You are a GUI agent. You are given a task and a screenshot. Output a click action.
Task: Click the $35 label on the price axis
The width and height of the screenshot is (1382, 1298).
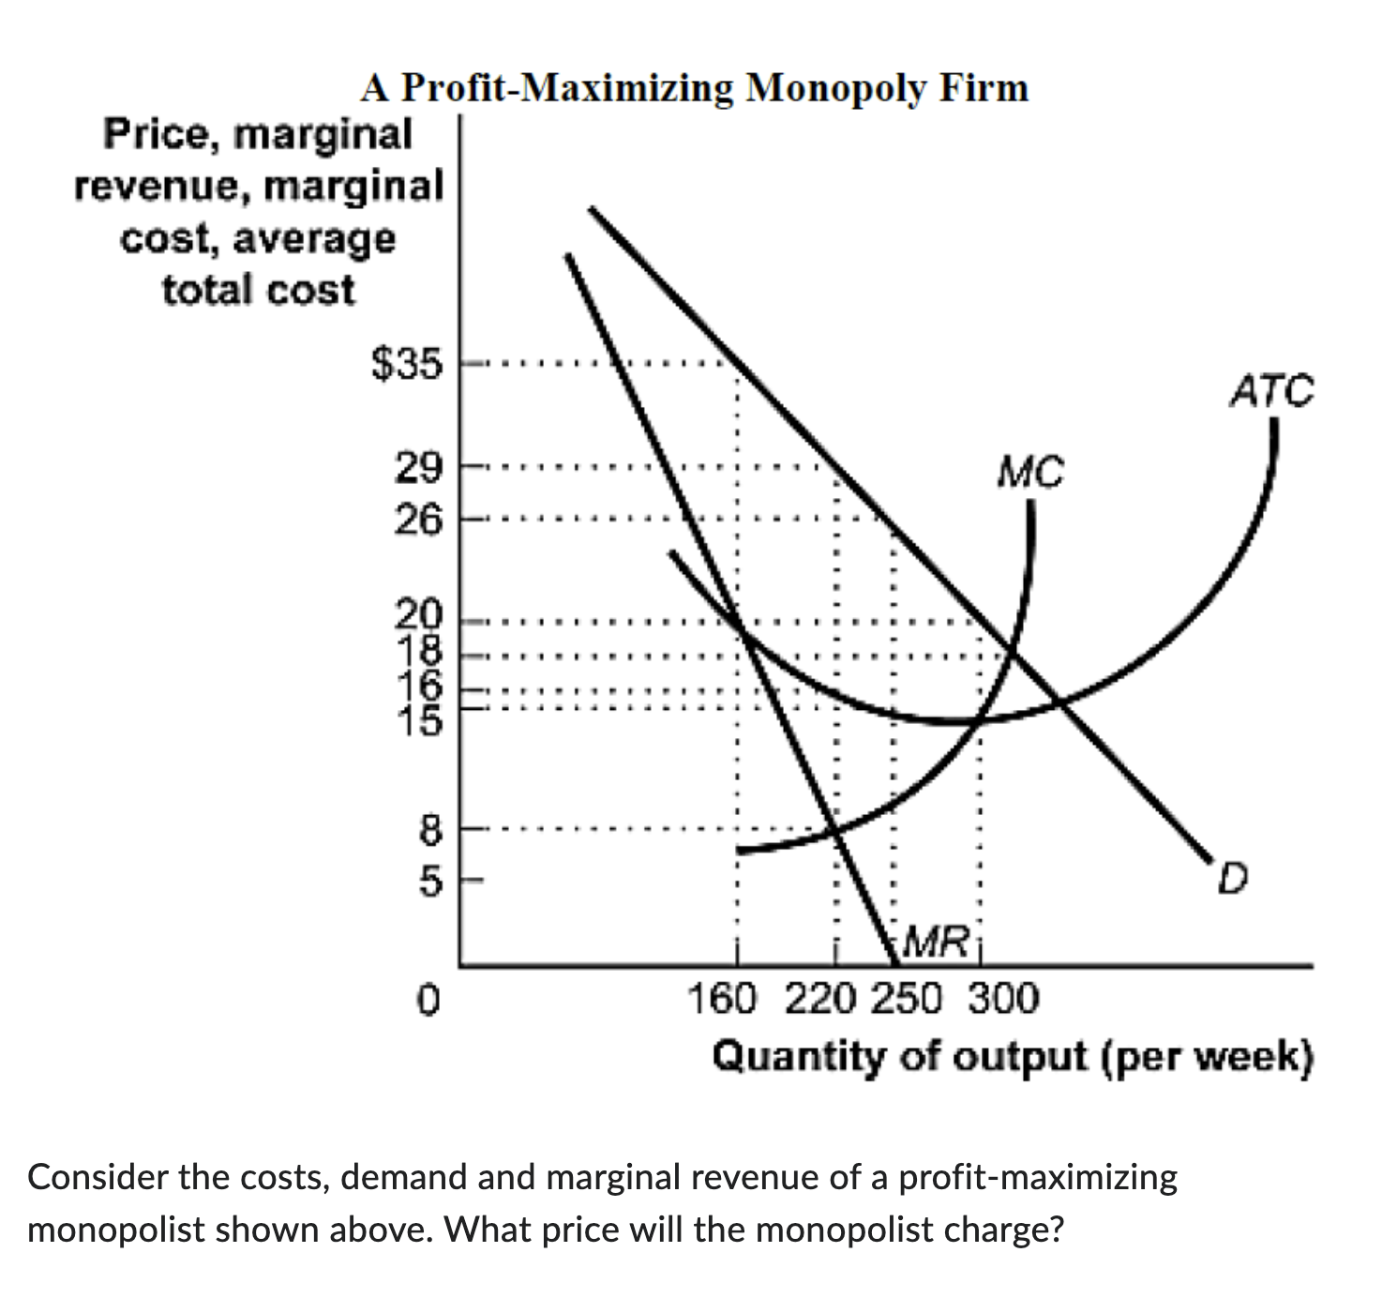click(405, 364)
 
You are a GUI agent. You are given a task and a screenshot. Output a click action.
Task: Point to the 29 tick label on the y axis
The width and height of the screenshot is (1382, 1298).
click(416, 467)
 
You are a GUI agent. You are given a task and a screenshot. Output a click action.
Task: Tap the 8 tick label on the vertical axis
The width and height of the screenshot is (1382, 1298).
click(428, 829)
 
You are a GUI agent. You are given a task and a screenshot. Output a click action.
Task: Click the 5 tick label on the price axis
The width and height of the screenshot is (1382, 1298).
click(428, 881)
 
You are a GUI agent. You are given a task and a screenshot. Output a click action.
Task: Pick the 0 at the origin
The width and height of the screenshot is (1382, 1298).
click(428, 999)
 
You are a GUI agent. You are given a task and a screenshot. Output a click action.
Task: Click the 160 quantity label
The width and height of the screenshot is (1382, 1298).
click(721, 999)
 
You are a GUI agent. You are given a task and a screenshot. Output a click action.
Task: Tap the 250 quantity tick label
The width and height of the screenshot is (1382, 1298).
click(906, 999)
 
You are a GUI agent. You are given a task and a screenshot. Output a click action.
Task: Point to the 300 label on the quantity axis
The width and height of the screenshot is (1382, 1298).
click(1003, 999)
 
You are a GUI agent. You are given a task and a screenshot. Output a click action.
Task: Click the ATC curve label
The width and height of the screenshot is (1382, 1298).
click(1271, 391)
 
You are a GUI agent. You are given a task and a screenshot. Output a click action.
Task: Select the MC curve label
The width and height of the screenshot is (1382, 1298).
click(1030, 472)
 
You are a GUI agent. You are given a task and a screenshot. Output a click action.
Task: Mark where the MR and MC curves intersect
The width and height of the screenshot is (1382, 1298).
click(834, 830)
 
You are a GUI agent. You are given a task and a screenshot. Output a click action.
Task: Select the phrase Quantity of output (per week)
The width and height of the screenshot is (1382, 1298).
click(1013, 1057)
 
